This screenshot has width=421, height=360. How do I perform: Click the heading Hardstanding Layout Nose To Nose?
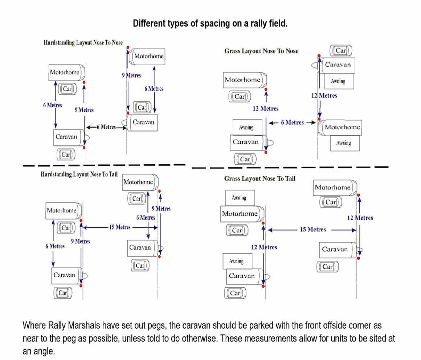pyautogui.click(x=83, y=42)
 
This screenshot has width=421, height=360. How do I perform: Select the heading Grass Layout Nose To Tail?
pyautogui.click(x=260, y=178)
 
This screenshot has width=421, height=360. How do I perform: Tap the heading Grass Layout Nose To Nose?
pyautogui.click(x=261, y=51)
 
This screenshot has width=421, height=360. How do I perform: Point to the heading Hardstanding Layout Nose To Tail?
pyautogui.click(x=79, y=174)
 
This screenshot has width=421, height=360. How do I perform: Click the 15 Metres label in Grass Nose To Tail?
pyautogui.click(x=312, y=229)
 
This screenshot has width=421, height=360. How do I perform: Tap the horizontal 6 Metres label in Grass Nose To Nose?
pyautogui.click(x=292, y=123)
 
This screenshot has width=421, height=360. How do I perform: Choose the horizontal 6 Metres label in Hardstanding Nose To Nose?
pyautogui.click(x=108, y=127)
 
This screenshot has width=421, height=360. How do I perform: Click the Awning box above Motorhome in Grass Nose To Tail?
pyautogui.click(x=239, y=198)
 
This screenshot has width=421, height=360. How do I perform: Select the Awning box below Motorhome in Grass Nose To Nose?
pyautogui.click(x=343, y=143)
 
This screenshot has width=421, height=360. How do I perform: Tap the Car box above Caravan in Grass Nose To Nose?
pyautogui.click(x=341, y=51)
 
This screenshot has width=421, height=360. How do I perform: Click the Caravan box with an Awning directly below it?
pyautogui.click(x=338, y=65)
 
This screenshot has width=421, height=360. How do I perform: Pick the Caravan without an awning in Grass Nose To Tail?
pyautogui.click(x=335, y=249)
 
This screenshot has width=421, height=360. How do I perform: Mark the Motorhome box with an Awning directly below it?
pyautogui.click(x=342, y=127)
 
